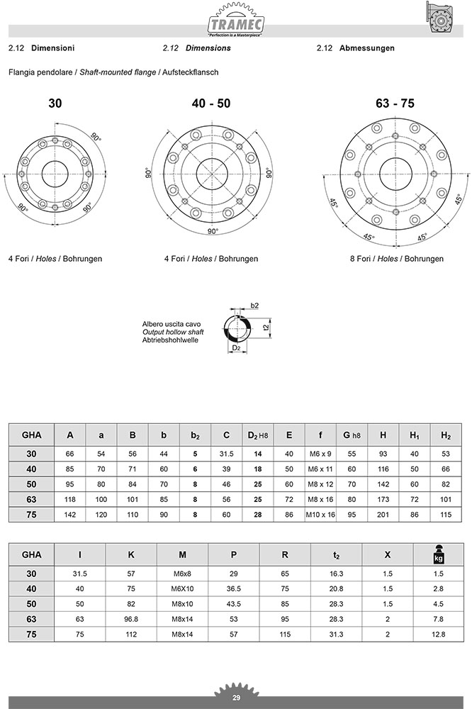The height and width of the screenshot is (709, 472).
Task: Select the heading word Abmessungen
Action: point(367,48)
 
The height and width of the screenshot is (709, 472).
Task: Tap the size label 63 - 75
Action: point(395,104)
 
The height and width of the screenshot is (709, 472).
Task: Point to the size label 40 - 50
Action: point(211,104)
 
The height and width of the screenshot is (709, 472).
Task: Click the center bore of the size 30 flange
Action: point(55,174)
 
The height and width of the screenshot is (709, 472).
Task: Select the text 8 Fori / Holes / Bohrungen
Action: point(396,259)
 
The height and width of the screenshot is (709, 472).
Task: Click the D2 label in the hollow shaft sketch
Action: point(237,347)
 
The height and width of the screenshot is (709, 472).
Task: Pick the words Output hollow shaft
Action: point(173,332)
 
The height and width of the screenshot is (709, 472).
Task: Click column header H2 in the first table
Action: point(446,435)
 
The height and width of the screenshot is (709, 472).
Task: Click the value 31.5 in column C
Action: point(227,454)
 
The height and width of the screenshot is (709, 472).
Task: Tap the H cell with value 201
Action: point(383,514)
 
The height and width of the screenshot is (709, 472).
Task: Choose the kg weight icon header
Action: point(438,555)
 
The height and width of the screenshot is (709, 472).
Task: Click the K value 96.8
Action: point(130,619)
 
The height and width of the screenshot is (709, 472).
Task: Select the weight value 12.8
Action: point(438,635)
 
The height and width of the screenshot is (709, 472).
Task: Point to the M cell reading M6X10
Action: point(182,588)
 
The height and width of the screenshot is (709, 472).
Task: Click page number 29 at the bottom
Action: point(236,698)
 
